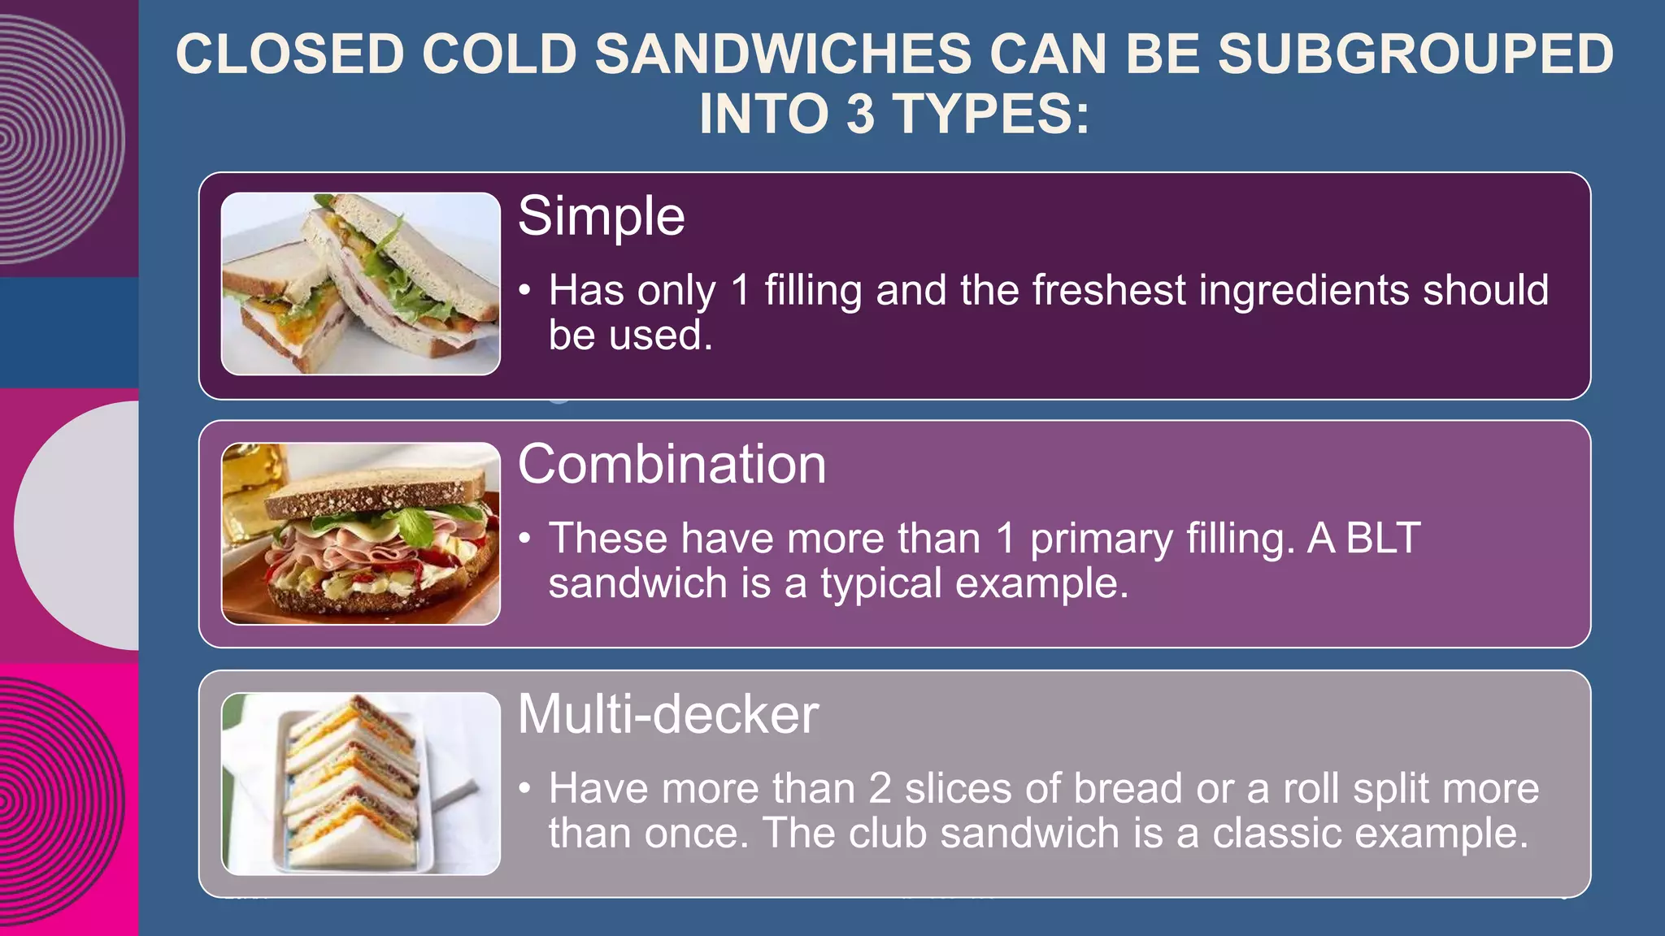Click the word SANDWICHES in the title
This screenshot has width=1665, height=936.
coord(783,55)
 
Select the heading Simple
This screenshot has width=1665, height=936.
coord(601,217)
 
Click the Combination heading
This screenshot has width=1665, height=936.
coord(672,465)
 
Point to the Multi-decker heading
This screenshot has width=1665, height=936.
coord(667,715)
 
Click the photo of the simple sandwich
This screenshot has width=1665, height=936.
coord(361,284)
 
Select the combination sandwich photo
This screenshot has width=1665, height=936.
coord(361,534)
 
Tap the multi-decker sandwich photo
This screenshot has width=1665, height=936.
coord(361,784)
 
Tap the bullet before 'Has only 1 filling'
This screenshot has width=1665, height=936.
coord(526,292)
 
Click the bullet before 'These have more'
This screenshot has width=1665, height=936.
coord(526,539)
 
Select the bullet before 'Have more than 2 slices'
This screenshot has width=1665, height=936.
coord(526,789)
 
